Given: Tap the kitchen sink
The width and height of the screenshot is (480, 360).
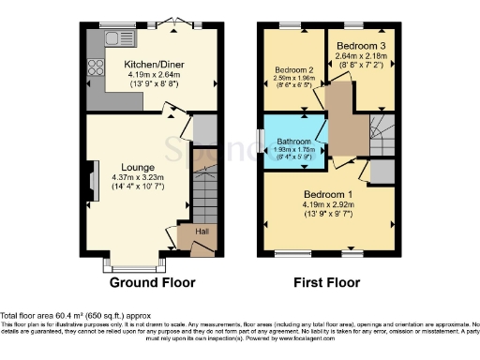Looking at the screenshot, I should tap(120, 39).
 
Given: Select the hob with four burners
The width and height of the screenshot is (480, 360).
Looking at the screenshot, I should tap(94, 66).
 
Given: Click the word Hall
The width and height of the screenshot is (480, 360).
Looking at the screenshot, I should tap(202, 231).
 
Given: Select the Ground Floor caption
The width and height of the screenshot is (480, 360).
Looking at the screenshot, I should tap(152, 281).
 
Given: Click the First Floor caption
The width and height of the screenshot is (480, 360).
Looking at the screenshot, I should tap(328, 281).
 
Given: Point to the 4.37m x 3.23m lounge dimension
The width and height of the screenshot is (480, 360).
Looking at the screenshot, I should tap(138, 177).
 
